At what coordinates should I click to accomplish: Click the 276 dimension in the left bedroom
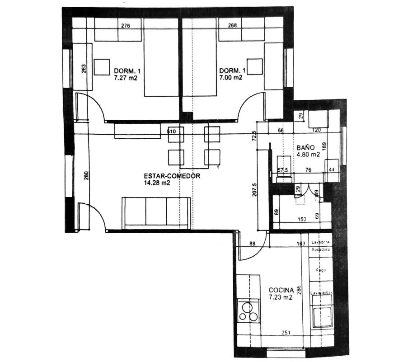tap(126, 26)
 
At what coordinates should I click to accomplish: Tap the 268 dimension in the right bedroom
tap(233, 26)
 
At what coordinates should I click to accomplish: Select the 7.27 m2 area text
tap(126, 78)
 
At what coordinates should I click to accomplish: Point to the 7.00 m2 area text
tap(231, 78)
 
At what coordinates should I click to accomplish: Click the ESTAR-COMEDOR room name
tap(172, 176)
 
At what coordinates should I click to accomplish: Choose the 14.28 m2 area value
tap(157, 183)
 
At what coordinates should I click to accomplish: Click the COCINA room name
tap(281, 290)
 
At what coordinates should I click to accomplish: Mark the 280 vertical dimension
tap(86, 175)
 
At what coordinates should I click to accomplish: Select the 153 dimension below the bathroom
tap(301, 220)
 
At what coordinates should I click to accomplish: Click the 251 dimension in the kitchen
tap(286, 334)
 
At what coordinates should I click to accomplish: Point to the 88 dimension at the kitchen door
tap(253, 244)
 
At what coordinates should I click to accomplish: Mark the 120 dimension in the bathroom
tap(316, 130)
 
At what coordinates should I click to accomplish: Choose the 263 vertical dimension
tap(84, 68)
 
